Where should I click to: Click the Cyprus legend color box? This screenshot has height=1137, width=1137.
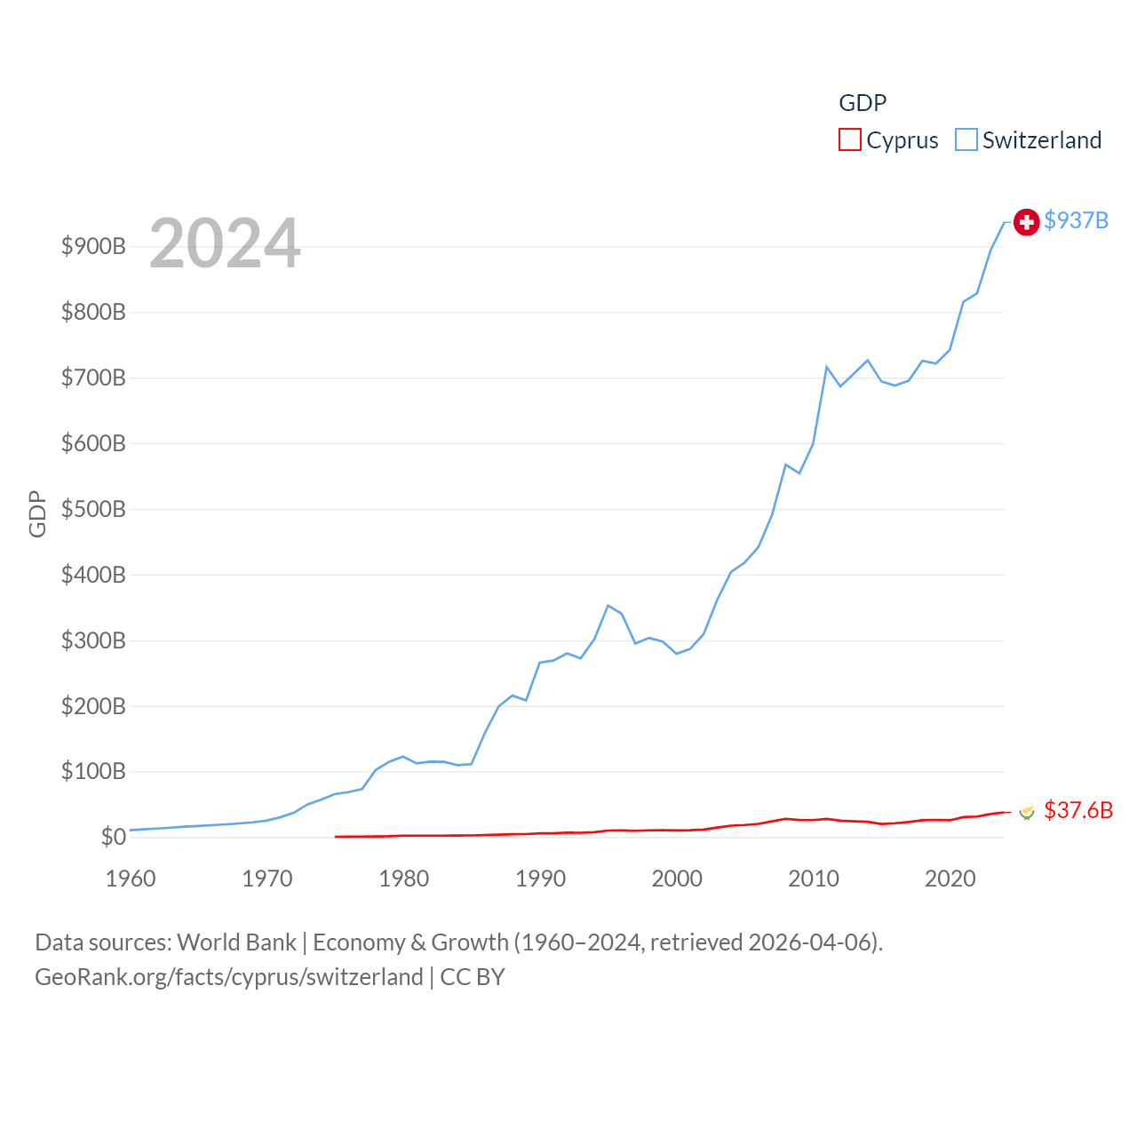pyautogui.click(x=850, y=140)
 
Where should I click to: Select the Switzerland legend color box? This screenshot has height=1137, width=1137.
pyautogui.click(x=966, y=140)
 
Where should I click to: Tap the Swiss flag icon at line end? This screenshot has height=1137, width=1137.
pyautogui.click(x=1026, y=222)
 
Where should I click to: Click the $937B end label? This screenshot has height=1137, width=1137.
pyautogui.click(x=1076, y=220)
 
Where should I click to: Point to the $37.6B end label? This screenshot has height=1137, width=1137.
pyautogui.click(x=1078, y=810)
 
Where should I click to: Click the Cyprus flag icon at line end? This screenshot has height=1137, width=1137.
pyautogui.click(x=1027, y=811)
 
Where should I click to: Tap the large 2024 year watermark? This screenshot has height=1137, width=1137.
pyautogui.click(x=225, y=243)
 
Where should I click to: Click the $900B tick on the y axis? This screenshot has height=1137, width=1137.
pyautogui.click(x=93, y=246)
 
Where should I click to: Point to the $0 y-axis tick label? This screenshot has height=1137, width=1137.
pyautogui.click(x=113, y=837)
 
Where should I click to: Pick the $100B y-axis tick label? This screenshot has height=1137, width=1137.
pyautogui.click(x=93, y=771)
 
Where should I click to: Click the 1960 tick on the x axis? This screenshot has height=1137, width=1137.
pyautogui.click(x=131, y=879)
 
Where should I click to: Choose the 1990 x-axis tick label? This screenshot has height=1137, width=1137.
pyautogui.click(x=540, y=879)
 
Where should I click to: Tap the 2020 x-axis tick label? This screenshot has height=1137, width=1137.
pyautogui.click(x=950, y=879)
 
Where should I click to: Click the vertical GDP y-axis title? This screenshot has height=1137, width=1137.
pyautogui.click(x=37, y=513)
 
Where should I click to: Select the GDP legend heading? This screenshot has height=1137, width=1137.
pyautogui.click(x=863, y=103)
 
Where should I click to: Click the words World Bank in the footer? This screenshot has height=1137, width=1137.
pyautogui.click(x=236, y=942)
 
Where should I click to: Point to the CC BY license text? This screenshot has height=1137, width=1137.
pyautogui.click(x=473, y=977)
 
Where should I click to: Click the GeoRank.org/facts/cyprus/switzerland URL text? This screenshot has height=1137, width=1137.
pyautogui.click(x=229, y=977)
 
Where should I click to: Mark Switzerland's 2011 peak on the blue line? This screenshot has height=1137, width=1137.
pyautogui.click(x=827, y=367)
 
